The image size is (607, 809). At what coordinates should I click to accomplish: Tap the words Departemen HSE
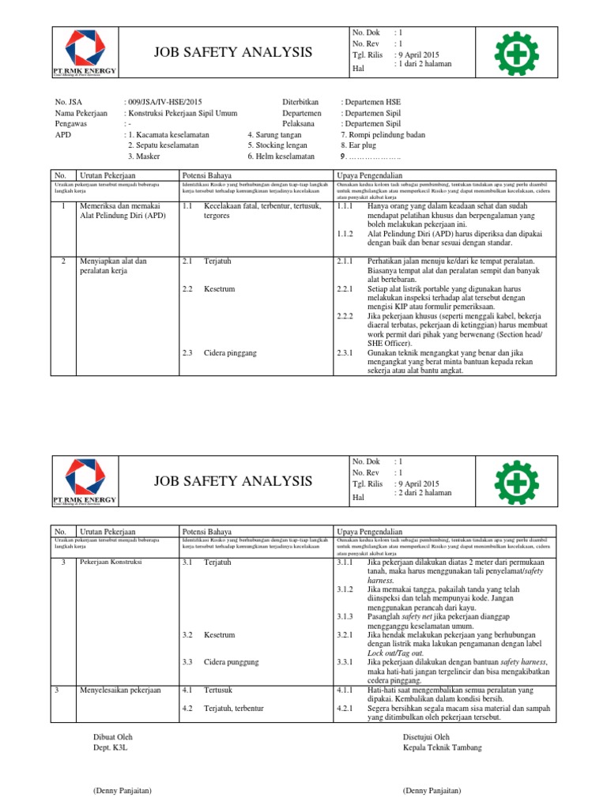[371, 103]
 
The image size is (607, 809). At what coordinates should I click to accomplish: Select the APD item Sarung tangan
[277, 135]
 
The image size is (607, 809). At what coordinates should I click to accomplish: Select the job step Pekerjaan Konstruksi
[110, 562]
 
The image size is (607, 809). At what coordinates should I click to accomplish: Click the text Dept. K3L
[111, 747]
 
